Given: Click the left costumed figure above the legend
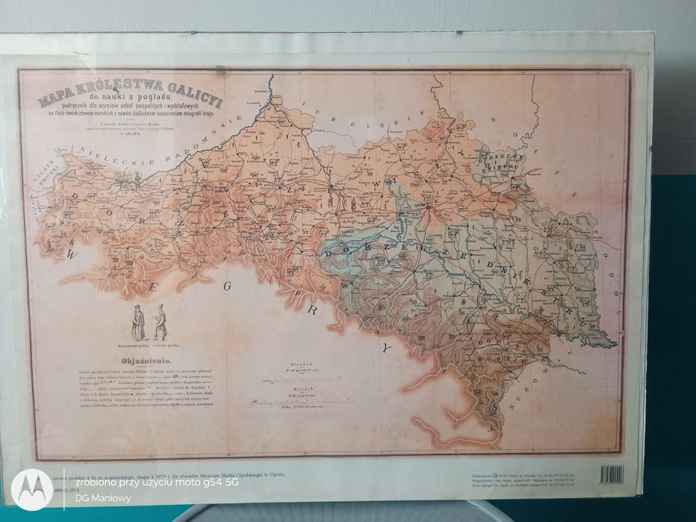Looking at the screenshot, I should coord(138,323).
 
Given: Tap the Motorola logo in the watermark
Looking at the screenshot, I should coord(31,489).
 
